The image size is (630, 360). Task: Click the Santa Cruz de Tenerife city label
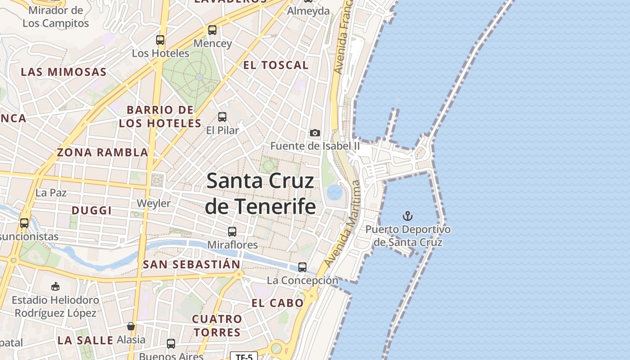pyautogui.click(x=260, y=193)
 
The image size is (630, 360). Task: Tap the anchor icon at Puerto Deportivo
pyautogui.click(x=408, y=216)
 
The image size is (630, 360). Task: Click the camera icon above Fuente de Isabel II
pyautogui.click(x=315, y=133)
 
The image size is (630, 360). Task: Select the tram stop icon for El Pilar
pyautogui.click(x=222, y=117)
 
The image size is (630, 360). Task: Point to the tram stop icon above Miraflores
pyautogui.click(x=232, y=232)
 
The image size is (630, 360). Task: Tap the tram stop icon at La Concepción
pyautogui.click(x=302, y=267)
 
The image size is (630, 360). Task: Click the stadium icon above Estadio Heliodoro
pyautogui.click(x=55, y=286)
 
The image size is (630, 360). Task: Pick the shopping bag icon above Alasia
pyautogui.click(x=131, y=326)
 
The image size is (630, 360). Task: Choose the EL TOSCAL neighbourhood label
pyautogui.click(x=276, y=65)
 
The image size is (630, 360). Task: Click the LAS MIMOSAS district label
pyautogui.click(x=64, y=72)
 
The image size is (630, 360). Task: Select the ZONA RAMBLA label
pyautogui.click(x=103, y=153)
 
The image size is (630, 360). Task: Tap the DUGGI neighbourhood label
pyautogui.click(x=92, y=211)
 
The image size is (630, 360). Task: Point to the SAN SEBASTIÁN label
pyautogui.click(x=191, y=265)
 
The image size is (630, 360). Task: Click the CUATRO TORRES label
pyautogui.click(x=217, y=326)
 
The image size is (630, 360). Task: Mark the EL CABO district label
pyautogui.click(x=278, y=303)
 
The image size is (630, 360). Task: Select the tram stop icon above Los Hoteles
pyautogui.click(x=160, y=40)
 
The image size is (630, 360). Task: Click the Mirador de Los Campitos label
pyautogui.click(x=56, y=17)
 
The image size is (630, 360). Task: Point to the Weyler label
pyautogui.click(x=154, y=203)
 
